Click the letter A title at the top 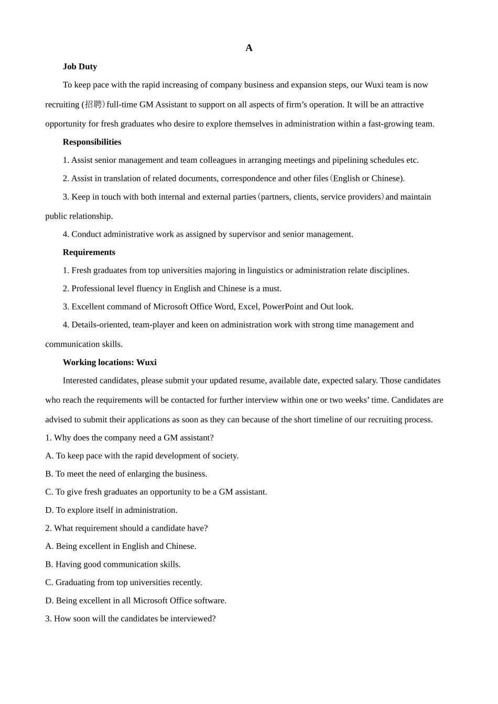coord(249,48)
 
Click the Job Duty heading coord(80,67)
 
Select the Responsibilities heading coord(92,142)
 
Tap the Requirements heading coord(89,252)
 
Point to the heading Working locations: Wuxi coord(110,362)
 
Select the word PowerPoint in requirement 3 coord(282,306)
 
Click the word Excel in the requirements coord(248,306)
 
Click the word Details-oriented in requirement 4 coord(101,325)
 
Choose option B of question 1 coord(126,474)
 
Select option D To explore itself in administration coord(111,510)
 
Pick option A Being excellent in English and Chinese coord(121,546)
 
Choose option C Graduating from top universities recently coord(123,582)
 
